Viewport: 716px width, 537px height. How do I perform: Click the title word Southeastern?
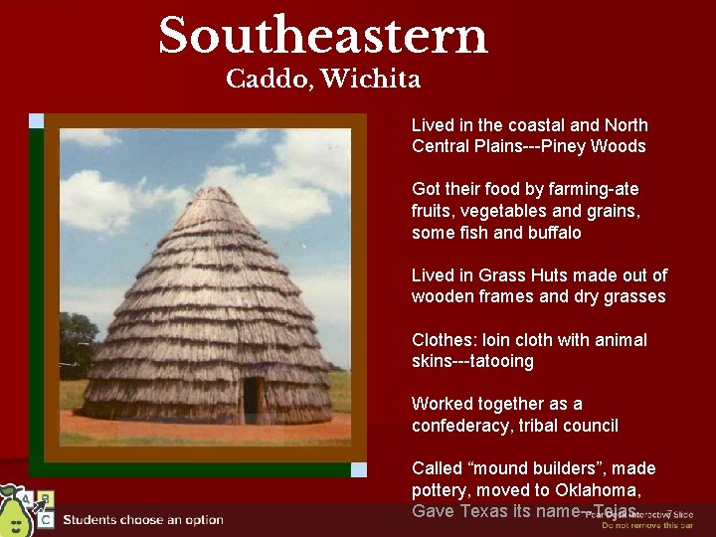(323, 36)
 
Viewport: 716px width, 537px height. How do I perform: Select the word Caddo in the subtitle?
(263, 80)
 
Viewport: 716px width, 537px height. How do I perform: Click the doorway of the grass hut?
(252, 398)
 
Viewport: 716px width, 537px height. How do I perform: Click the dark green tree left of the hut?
(78, 343)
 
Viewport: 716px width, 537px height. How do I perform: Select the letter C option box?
(46, 519)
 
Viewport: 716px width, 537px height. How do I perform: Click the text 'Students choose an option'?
(143, 519)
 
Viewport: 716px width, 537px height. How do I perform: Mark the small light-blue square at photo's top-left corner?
(37, 121)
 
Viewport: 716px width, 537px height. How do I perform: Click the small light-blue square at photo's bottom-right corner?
(359, 469)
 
